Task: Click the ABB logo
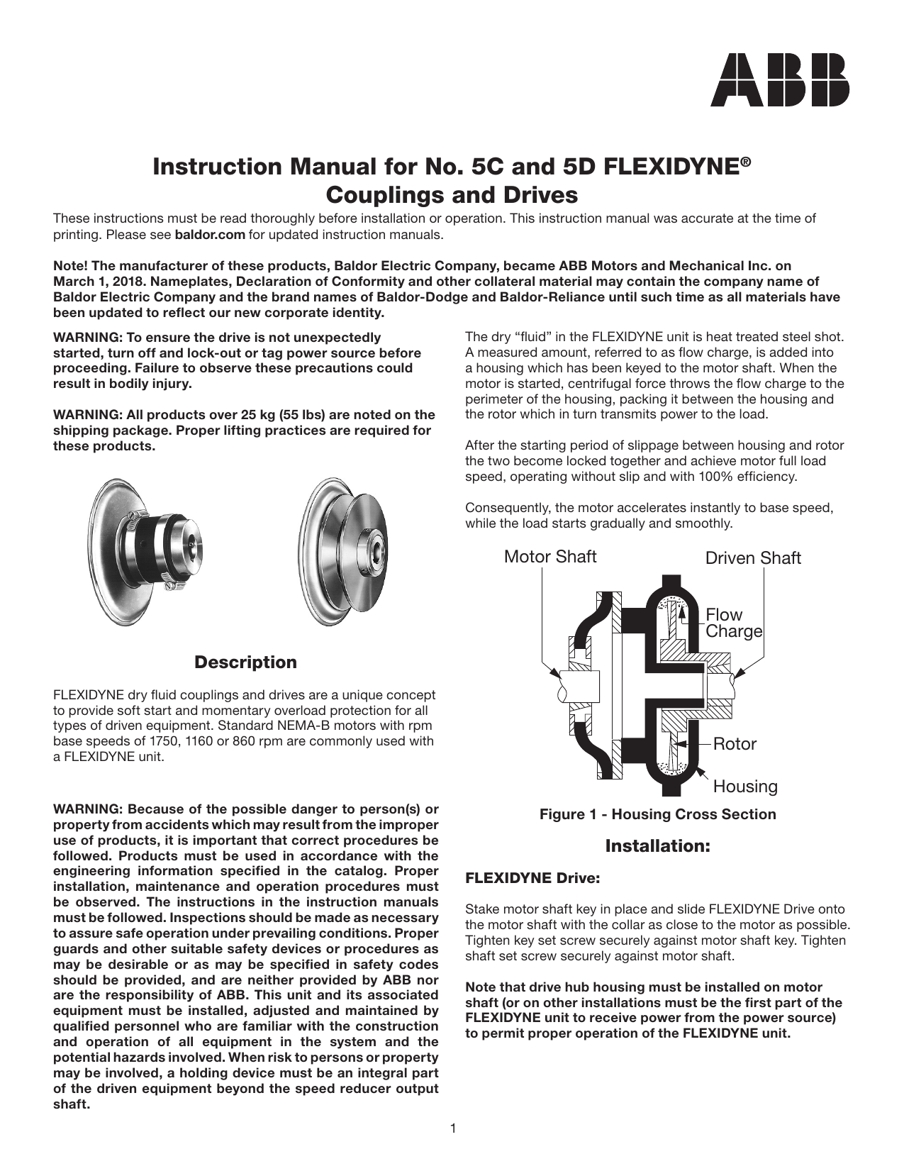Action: [779, 80]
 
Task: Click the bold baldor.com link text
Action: [210, 235]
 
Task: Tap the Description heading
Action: [245, 662]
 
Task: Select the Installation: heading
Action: [657, 846]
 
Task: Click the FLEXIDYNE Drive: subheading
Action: [532, 878]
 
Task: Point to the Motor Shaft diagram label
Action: [549, 557]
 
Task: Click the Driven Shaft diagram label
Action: [752, 558]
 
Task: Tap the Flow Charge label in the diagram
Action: [733, 623]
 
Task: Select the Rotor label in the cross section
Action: [735, 744]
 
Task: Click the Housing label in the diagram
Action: [744, 787]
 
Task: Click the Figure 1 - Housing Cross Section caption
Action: [657, 814]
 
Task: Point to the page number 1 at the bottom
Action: [452, 1128]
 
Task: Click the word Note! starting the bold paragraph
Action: [70, 266]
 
